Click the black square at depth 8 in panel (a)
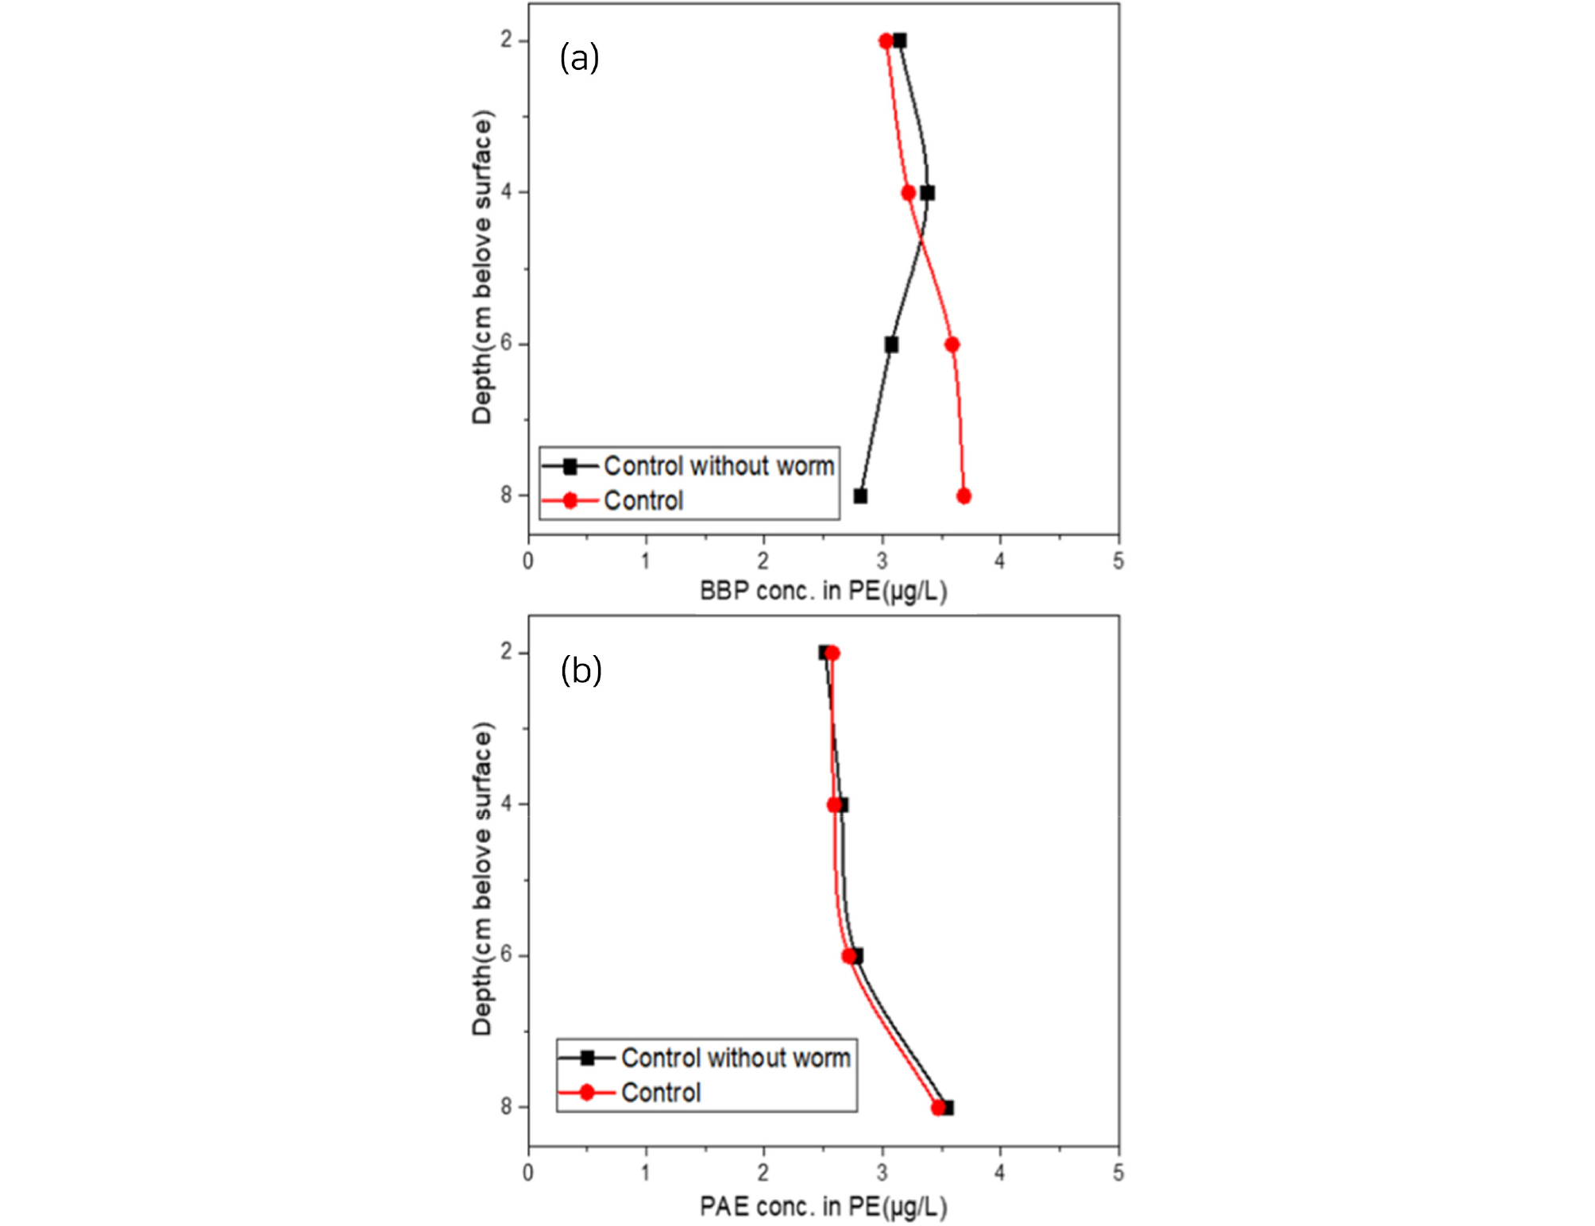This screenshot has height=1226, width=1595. (x=860, y=496)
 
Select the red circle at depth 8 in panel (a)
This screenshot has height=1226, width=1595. (x=964, y=496)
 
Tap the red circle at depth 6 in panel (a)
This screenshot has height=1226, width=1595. (x=952, y=345)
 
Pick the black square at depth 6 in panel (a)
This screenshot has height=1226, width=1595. (x=891, y=345)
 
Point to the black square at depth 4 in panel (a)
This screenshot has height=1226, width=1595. (x=927, y=193)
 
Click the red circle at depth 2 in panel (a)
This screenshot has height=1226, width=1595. (x=886, y=41)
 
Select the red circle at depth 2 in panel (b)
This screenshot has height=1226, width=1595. (x=832, y=653)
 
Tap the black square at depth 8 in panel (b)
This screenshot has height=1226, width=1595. (x=947, y=1108)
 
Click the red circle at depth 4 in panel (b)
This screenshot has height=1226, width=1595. (x=834, y=805)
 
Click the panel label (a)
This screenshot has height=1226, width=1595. (x=579, y=58)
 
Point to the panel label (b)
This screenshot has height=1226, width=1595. (x=581, y=670)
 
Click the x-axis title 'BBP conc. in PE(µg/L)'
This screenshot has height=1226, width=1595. (x=823, y=592)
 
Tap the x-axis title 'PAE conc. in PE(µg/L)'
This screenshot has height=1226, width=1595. (x=823, y=1207)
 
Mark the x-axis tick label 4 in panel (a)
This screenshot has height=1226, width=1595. (x=999, y=561)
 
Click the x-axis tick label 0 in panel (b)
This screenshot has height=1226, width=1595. (x=528, y=1173)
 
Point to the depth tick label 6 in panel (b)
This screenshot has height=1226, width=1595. (x=506, y=955)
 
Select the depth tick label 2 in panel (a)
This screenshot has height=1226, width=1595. (x=506, y=40)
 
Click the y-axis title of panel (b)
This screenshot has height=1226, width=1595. (x=482, y=879)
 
